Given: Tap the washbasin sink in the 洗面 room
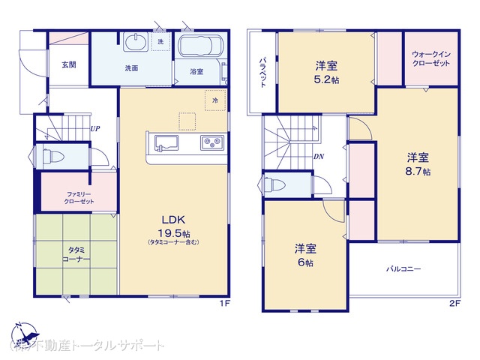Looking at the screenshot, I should point(134,42).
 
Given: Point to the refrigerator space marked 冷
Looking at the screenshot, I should point(215,100).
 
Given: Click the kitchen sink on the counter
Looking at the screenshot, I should point(163,142).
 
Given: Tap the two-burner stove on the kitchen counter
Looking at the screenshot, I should point(210,142).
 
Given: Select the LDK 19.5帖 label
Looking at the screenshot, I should point(172,226).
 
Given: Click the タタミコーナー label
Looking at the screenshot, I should point(74,253).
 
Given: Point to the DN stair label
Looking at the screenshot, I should point(318,157).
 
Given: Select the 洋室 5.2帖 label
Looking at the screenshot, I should point(326,70).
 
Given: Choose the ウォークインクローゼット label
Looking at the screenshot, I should point(431,60).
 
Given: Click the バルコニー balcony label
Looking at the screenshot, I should point(403,268).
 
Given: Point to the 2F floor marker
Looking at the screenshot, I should point(454,303).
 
